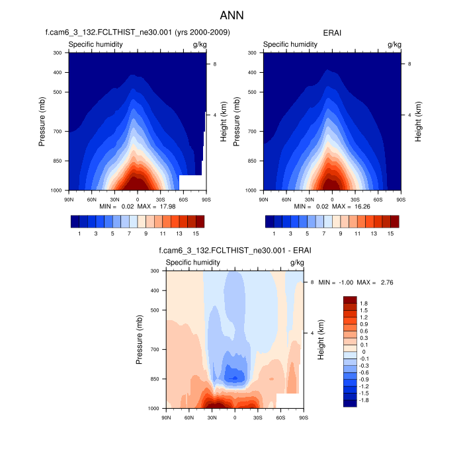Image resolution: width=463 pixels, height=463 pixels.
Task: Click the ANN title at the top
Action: tap(232, 15)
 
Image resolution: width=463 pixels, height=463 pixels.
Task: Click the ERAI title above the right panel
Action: tap(332, 32)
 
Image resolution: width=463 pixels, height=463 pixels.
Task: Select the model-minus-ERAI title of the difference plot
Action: tap(235, 250)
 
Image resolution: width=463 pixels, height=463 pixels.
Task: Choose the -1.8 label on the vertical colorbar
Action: tap(364, 401)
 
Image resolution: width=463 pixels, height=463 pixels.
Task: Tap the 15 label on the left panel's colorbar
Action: tap(196, 233)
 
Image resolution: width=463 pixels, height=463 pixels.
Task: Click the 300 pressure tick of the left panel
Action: tap(57, 52)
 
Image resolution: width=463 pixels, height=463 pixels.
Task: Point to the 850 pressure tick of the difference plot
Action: tap(155, 379)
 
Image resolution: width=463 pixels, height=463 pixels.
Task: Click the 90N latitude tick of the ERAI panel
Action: tap(263, 198)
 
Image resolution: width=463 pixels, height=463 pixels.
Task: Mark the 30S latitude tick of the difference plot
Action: tap(257, 417)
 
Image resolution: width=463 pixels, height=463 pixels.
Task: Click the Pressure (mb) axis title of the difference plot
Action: tap(140, 339)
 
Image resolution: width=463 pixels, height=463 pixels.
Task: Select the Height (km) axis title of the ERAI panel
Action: tap(418, 121)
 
